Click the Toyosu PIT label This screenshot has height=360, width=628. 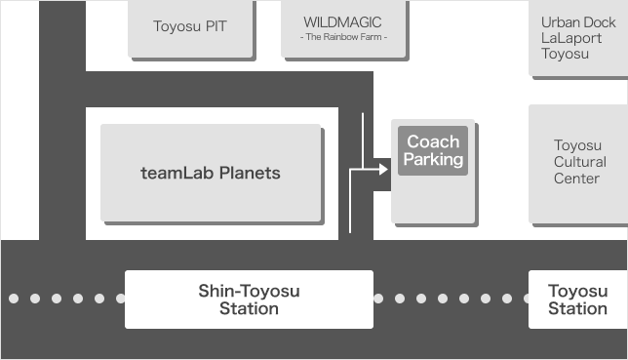(190, 26)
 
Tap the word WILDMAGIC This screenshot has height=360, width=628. (342, 22)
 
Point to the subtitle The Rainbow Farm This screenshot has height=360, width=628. (343, 37)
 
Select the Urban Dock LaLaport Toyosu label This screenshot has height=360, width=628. (578, 38)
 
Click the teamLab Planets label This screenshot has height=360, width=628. (211, 173)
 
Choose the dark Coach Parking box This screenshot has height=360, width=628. (433, 151)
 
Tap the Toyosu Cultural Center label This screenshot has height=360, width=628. (579, 162)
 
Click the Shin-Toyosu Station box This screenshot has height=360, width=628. (249, 300)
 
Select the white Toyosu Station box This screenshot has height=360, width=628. (578, 300)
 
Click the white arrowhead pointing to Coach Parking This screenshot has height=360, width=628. (383, 169)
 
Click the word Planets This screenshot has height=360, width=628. (250, 174)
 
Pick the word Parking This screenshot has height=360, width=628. (433, 160)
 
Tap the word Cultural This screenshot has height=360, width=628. (580, 162)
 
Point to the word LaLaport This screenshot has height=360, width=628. (571, 38)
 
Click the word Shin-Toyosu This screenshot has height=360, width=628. (249, 292)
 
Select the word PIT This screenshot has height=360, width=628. (216, 26)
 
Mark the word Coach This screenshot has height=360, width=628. (433, 141)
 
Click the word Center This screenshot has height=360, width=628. (576, 179)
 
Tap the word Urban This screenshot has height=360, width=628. (557, 22)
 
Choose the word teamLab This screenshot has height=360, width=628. (177, 173)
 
